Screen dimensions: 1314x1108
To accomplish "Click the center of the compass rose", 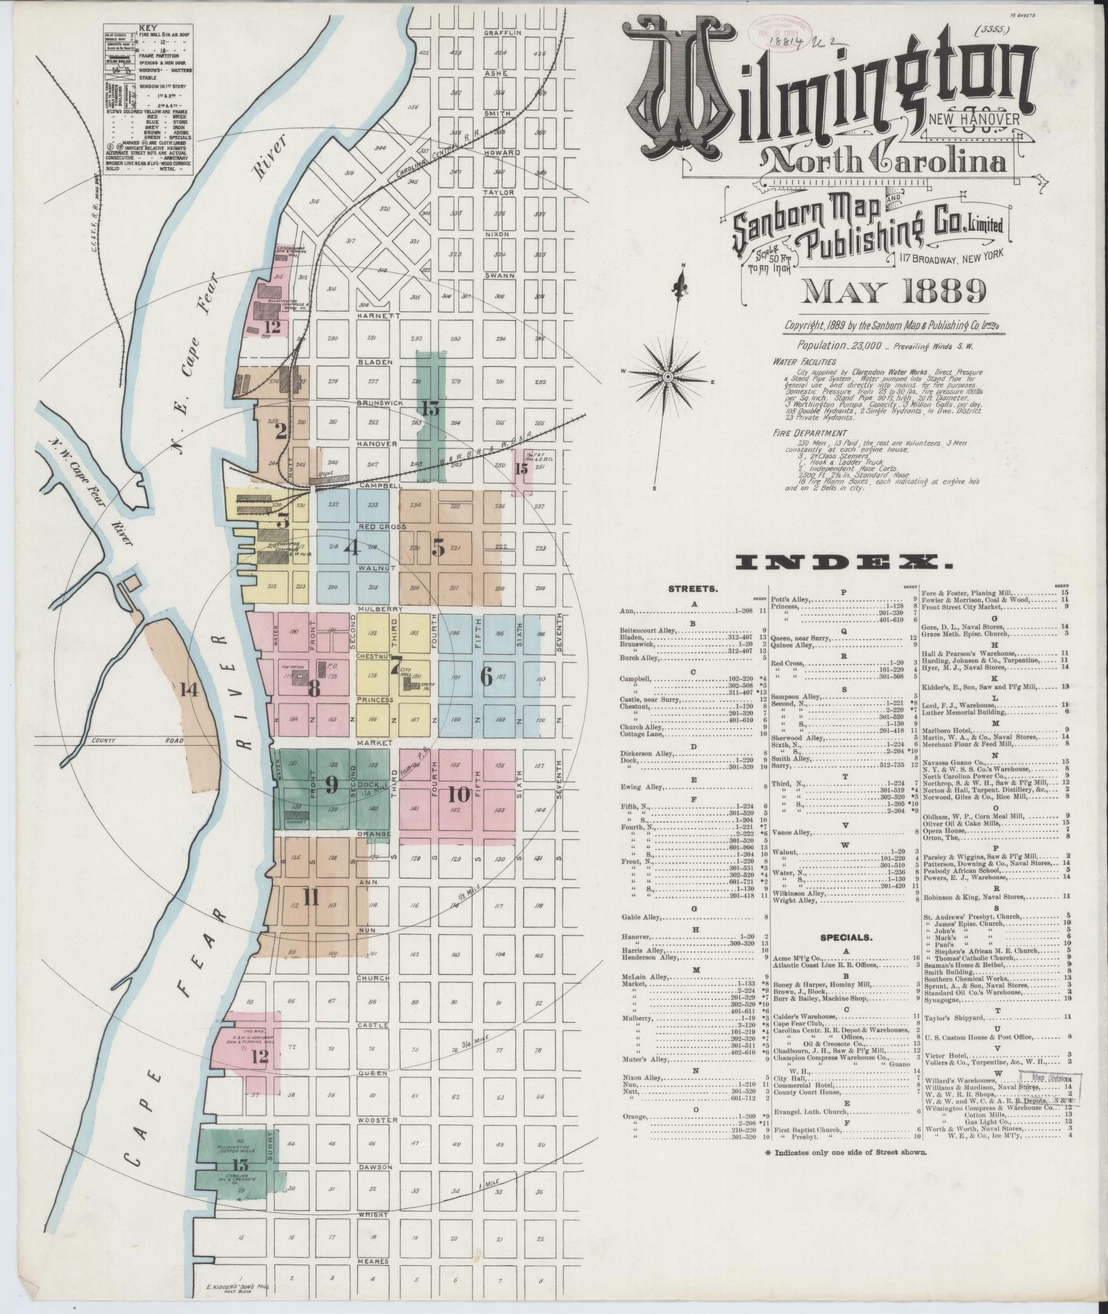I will point(666,377).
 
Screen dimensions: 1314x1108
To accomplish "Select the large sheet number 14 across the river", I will point(190,690).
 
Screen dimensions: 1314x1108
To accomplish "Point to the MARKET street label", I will point(373,743).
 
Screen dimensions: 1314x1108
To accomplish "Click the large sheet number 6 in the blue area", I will point(486,677).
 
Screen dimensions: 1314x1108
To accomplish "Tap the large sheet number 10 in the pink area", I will point(458,795).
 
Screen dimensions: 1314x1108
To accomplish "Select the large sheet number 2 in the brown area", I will point(280,431).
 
